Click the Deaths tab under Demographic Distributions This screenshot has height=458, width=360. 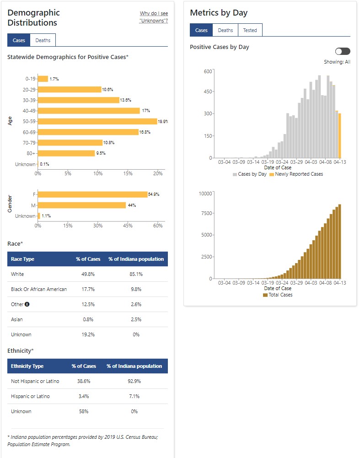pos(43,40)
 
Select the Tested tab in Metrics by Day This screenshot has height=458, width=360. pos(250,30)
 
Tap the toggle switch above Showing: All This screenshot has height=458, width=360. pos(343,51)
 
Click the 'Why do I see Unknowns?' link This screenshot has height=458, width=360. pos(154,17)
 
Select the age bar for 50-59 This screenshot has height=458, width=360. pos(97,121)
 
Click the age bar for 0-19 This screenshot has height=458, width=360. pos(43,79)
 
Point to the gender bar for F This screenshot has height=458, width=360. pos(92,194)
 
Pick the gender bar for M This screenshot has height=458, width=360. pos(82,205)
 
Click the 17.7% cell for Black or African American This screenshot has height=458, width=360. pos(88,289)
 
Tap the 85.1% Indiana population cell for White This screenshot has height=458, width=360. pos(135,274)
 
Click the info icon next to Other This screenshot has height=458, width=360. pos(27,304)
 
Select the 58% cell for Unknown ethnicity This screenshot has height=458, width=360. pos(84,411)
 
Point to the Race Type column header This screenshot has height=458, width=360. pos(22,259)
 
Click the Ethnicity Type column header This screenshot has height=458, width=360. pos(27,366)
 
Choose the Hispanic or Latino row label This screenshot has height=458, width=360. pos(30,396)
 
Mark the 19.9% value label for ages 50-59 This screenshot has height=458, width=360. pos(163,121)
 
